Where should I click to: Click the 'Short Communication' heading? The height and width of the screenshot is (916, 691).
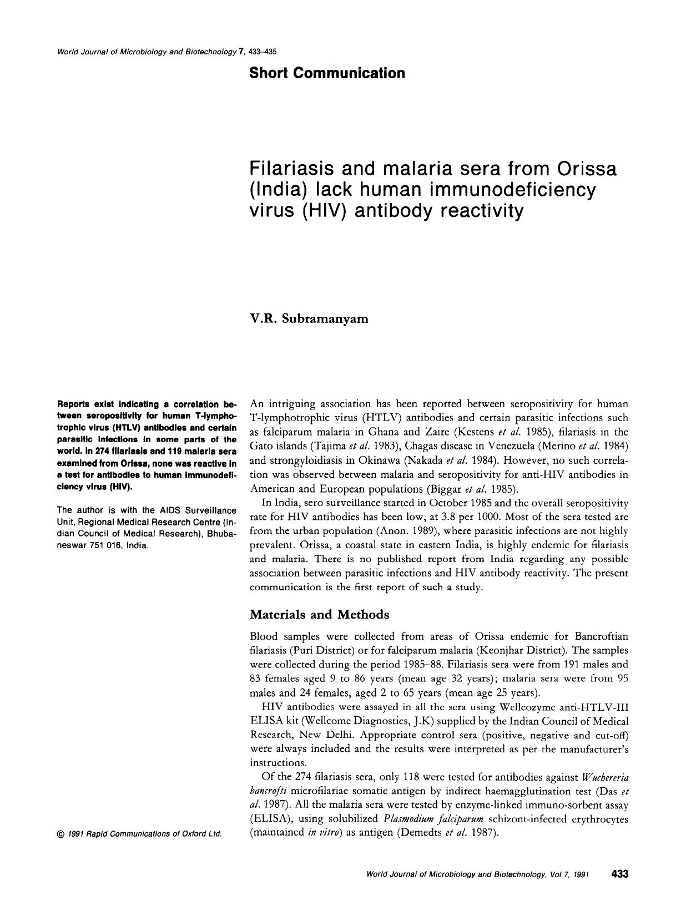tap(327, 73)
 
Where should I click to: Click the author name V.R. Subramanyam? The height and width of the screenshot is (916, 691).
tap(309, 319)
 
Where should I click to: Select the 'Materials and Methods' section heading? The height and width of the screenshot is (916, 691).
tap(319, 615)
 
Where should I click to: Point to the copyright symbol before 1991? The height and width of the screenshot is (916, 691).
tap(60, 834)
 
